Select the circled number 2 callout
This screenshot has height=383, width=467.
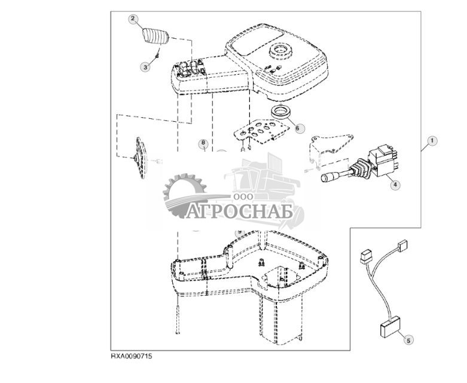133,19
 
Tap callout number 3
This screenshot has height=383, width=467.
145,67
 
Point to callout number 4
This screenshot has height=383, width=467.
395,185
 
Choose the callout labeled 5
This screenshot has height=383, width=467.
408,340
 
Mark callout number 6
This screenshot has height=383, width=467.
300,127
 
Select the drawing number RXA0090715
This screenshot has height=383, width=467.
132,356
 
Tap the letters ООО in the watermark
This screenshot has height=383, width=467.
242,197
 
